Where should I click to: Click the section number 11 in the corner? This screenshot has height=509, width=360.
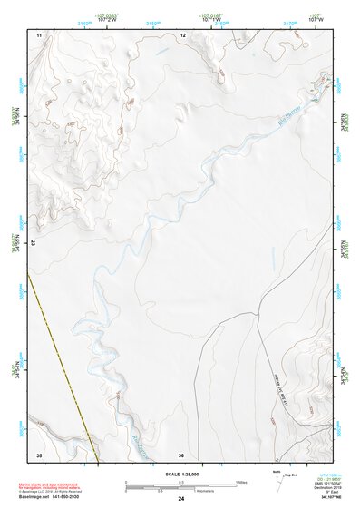coord(39,34)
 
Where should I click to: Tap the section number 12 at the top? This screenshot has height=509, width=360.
coord(183,34)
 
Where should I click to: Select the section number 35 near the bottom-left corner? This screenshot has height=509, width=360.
coord(39,454)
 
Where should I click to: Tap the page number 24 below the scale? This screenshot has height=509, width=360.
coord(181,499)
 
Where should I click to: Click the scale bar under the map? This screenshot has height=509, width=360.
coord(180,487)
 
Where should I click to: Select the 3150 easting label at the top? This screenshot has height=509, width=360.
coord(154,24)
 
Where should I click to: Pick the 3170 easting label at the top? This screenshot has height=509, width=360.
coord(291,24)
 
